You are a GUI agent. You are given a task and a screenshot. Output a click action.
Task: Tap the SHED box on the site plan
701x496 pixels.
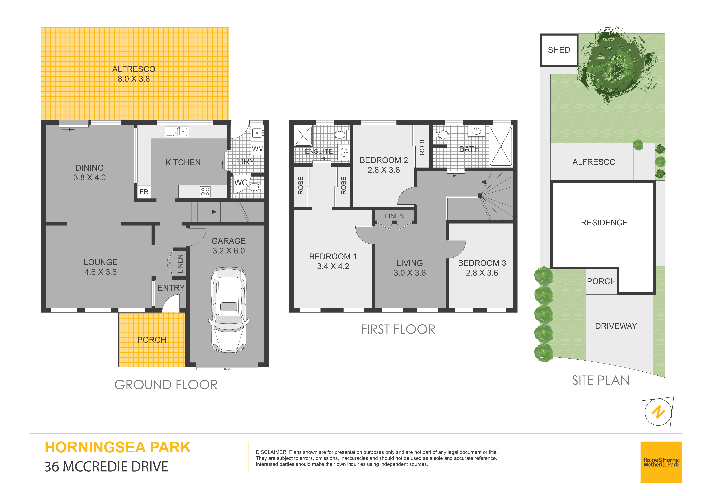pyautogui.click(x=559, y=50)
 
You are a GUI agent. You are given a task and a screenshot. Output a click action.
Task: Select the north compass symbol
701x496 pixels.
pyautogui.click(x=659, y=412)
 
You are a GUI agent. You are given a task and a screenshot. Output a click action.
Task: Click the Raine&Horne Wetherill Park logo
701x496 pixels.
pyautogui.click(x=661, y=462)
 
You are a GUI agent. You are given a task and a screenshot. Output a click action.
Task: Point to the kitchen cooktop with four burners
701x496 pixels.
pyautogui.click(x=205, y=192)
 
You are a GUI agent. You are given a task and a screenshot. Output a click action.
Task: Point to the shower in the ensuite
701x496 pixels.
pyautogui.click(x=303, y=135)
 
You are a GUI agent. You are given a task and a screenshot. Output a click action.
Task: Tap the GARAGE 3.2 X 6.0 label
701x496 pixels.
pyautogui.click(x=229, y=246)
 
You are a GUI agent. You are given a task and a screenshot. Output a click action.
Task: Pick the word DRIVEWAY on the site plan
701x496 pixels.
pyautogui.click(x=616, y=326)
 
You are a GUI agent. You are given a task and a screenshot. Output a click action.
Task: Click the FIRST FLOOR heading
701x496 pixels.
pyautogui.click(x=398, y=329)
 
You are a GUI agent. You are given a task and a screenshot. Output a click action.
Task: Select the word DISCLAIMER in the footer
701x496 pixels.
pyautogui.click(x=271, y=452)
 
